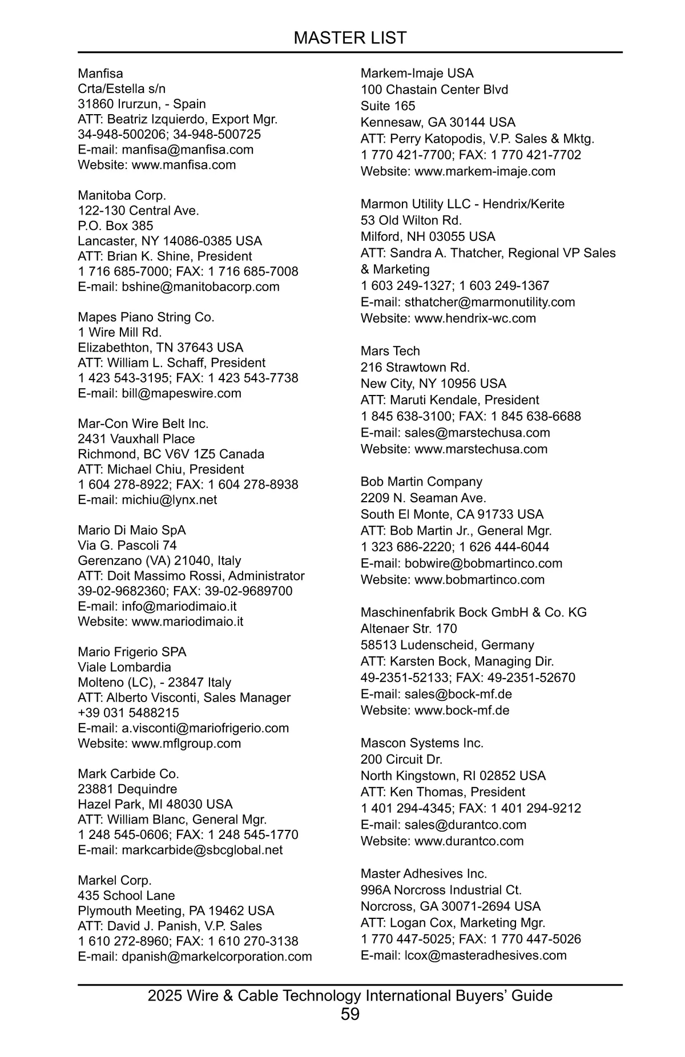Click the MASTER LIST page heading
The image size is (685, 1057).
[349, 38]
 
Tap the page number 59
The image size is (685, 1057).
[350, 1014]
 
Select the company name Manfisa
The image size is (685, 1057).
[100, 74]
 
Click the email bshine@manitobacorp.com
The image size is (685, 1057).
[200, 287]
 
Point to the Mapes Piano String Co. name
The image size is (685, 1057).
[146, 317]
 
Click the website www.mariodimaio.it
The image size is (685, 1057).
[187, 622]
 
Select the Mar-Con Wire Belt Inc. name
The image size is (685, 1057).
[143, 423]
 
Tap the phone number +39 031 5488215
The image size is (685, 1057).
[128, 713]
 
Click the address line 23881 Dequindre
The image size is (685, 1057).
[127, 789]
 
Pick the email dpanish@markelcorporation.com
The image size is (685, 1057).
[217, 957]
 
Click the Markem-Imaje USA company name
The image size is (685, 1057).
[417, 74]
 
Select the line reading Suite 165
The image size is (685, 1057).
[388, 106]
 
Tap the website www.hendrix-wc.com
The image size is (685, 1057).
[475, 318]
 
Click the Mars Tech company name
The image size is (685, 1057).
[390, 351]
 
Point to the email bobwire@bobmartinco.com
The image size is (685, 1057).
[483, 563]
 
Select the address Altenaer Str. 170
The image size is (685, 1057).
[409, 628]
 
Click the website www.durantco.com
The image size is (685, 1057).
[469, 841]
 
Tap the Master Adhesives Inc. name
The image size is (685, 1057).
[424, 873]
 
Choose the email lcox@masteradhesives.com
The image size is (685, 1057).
[485, 955]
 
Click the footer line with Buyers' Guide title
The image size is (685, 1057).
[350, 995]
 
